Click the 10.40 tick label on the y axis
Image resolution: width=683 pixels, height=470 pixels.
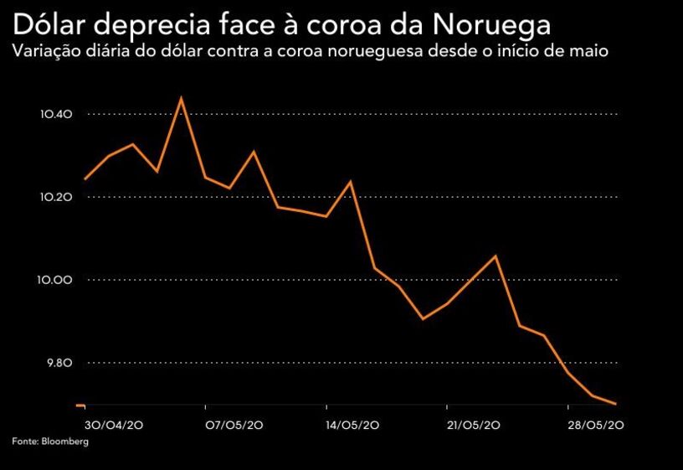(56, 114)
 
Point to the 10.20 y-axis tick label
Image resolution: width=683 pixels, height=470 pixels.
(56, 197)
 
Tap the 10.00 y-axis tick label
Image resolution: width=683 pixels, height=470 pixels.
(56, 280)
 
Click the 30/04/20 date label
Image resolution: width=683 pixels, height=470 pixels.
(114, 426)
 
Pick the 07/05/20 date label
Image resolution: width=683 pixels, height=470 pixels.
(234, 426)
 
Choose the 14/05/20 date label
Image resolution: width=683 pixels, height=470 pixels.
(355, 426)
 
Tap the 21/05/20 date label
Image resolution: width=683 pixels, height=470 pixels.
(475, 426)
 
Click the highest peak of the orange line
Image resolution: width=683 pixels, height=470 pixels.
(181, 98)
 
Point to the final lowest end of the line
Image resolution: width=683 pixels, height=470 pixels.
(615, 404)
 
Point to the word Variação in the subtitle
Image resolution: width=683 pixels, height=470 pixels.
(43, 51)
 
